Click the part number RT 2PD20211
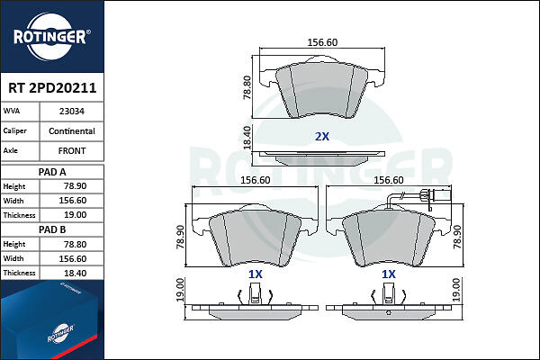(x=52, y=88)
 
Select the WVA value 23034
(x=72, y=112)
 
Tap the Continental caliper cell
(x=72, y=131)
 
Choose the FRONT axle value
(x=72, y=151)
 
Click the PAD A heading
(x=52, y=172)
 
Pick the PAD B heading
(x=52, y=229)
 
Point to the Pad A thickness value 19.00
(x=75, y=215)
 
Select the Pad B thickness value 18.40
(x=75, y=274)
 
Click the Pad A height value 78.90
(x=75, y=186)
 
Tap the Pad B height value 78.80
(x=75, y=244)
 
